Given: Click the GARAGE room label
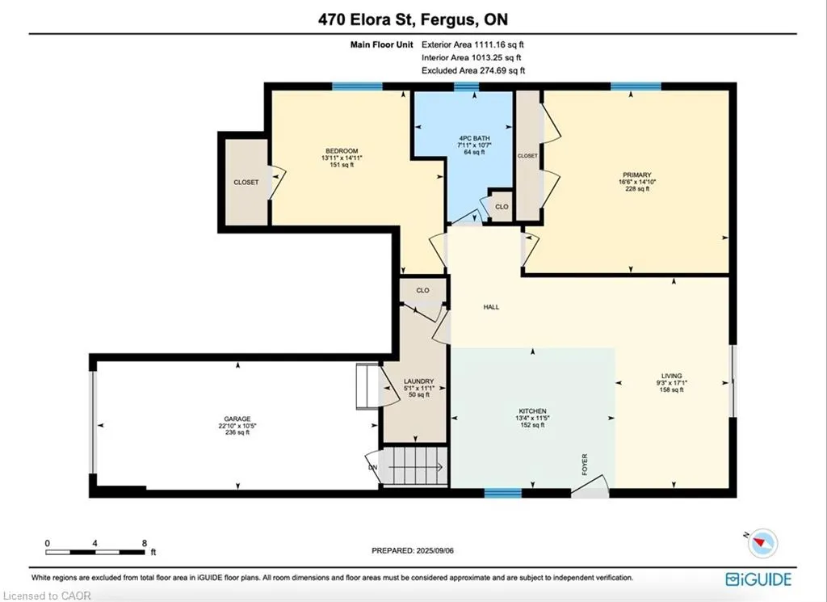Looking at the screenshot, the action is point(237,419).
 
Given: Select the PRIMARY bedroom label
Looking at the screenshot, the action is point(636,175).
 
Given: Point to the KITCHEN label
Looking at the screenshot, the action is point(533,411).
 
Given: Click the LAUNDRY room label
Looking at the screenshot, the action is point(419,381).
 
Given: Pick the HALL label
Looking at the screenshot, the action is point(492,307).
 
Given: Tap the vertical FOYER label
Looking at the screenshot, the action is point(585,465).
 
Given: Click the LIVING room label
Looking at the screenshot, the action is point(672,377).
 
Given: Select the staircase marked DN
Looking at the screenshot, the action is point(414,466).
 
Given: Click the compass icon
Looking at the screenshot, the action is point(762,543).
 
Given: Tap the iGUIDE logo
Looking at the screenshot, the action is point(758,579).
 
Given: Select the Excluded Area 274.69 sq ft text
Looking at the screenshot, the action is point(473,70).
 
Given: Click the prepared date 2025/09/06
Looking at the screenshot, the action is point(434,550).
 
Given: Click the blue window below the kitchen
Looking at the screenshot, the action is point(502,493).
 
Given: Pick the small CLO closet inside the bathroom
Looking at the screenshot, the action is point(502,206).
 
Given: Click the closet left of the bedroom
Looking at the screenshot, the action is point(246,182).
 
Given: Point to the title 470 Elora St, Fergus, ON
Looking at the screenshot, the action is point(413,19).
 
